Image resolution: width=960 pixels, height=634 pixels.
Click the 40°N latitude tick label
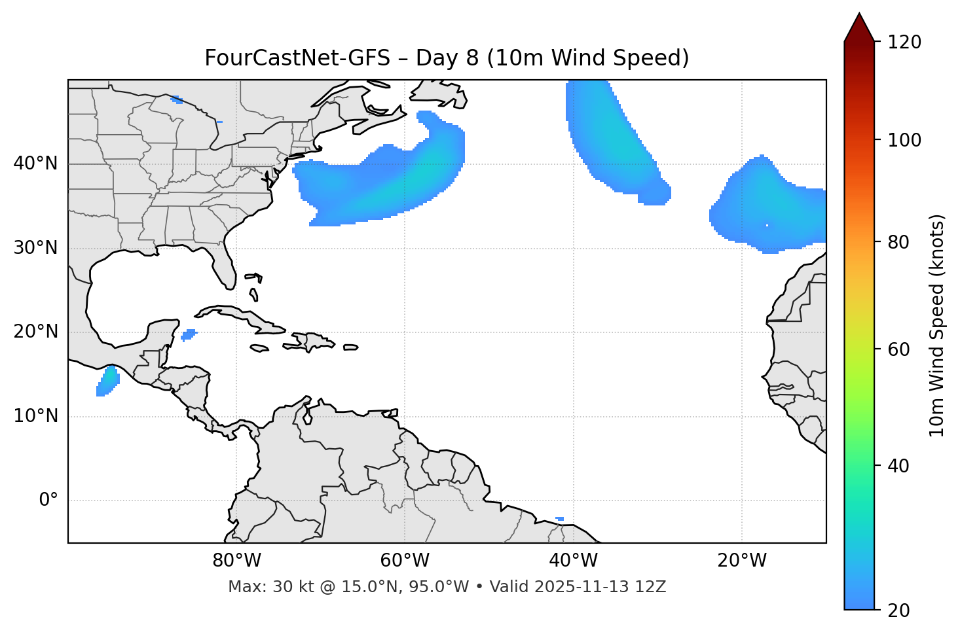coord(35,164)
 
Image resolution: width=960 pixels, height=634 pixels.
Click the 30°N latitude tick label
coord(35,248)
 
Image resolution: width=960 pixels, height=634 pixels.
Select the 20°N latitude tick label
coord(35,332)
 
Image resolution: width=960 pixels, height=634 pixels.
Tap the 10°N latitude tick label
coord(35,416)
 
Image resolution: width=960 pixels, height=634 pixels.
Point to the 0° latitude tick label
coord(48,501)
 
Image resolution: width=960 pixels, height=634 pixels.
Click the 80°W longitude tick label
coord(236,561)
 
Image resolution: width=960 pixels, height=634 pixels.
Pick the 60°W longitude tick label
coord(405,561)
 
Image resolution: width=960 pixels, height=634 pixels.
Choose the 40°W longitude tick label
coord(573,561)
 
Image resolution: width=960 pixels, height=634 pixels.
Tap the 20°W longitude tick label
coord(742,561)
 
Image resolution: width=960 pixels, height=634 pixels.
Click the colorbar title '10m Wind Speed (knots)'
coord(937,325)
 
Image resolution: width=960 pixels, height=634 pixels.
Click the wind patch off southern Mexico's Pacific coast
coord(107,381)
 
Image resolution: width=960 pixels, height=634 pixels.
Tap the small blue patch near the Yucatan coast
coord(189,335)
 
